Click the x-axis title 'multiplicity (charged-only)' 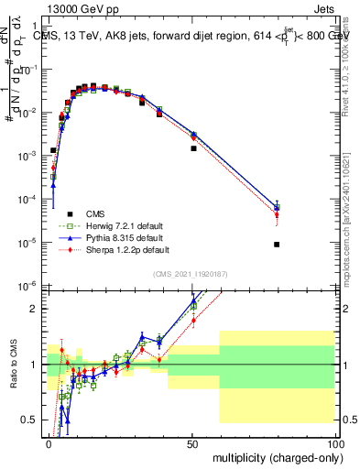point(273,456)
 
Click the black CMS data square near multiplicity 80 point(277,245)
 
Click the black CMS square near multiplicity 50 point(193,148)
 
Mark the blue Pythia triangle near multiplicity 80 point(277,207)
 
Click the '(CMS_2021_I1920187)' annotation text point(190,274)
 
